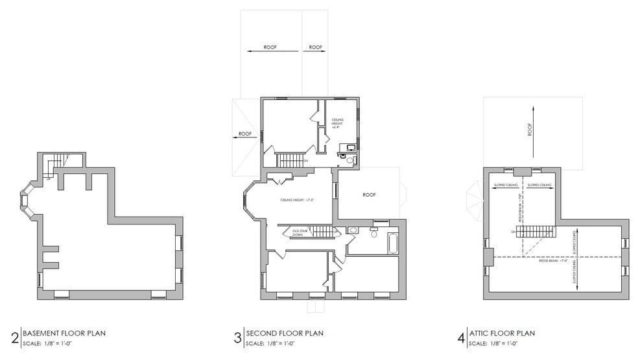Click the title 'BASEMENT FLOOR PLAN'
click(64, 333)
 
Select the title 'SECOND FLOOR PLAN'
click(285, 333)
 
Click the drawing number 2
click(14, 338)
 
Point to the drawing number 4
click(460, 338)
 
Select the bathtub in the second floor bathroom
click(393, 243)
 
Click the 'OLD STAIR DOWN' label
click(300, 232)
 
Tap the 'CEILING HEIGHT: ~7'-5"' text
click(297, 200)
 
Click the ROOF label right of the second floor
click(370, 194)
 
